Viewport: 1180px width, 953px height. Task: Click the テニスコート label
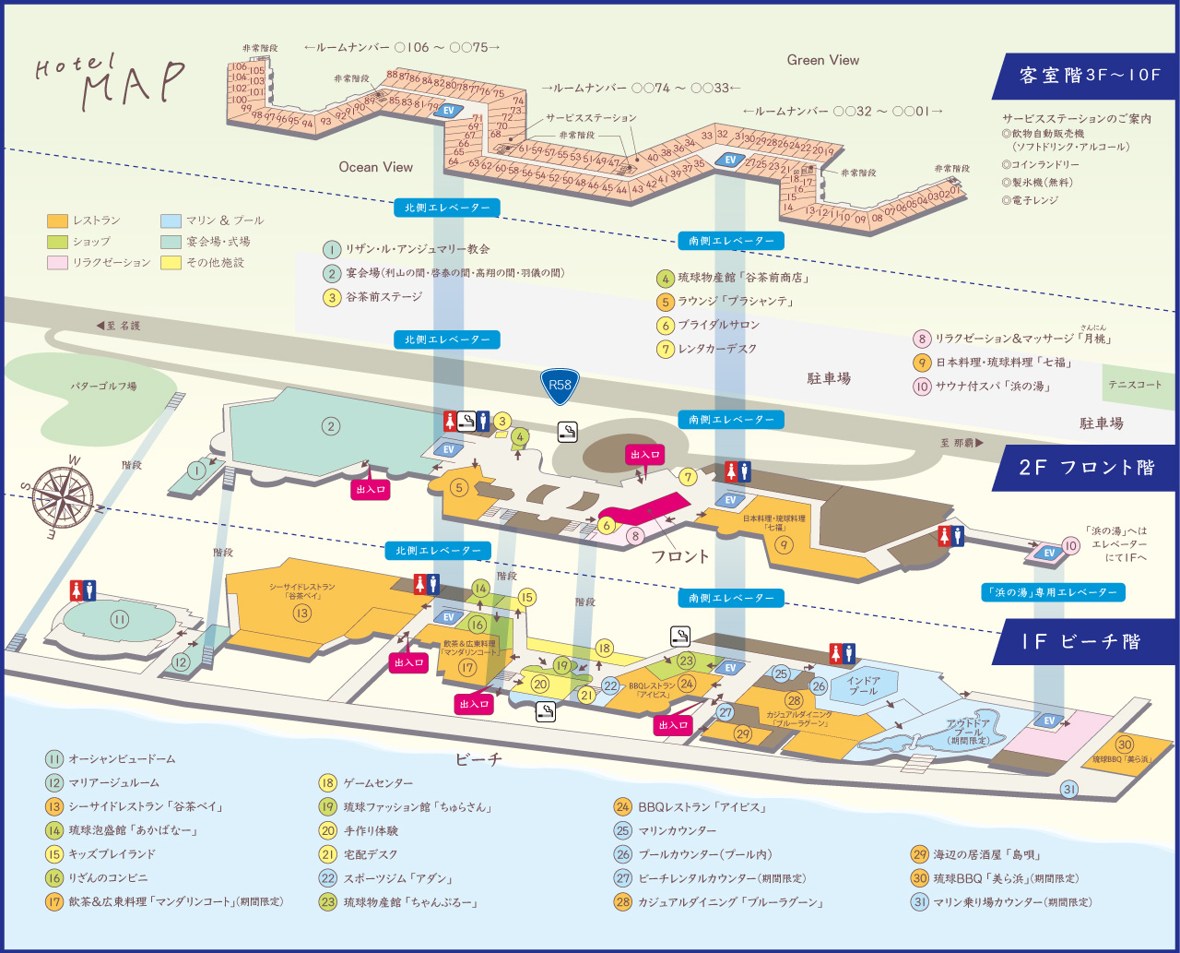1135,385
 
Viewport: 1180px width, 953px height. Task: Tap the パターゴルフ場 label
104,387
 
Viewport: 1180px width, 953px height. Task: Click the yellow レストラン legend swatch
57,221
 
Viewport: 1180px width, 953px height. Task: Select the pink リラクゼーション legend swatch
57,263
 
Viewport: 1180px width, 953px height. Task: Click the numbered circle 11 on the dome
120,619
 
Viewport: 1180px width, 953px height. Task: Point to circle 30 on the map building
1124,745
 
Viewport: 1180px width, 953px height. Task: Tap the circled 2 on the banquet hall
331,426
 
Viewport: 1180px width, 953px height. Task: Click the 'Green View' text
822,60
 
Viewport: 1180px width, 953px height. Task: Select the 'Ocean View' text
375,167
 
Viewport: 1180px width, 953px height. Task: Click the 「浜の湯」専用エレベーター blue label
1053,592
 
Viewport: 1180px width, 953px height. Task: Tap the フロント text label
680,556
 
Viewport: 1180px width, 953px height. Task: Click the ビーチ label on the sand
479,760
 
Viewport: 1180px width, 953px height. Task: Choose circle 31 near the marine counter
1069,789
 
